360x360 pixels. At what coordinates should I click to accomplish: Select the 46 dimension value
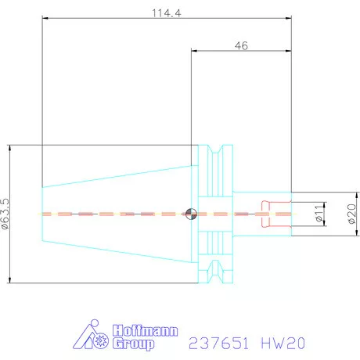241,46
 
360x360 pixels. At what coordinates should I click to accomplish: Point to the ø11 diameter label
319,213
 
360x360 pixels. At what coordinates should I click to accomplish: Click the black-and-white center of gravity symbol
192,213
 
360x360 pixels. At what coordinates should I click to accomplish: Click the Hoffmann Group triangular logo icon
95,337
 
